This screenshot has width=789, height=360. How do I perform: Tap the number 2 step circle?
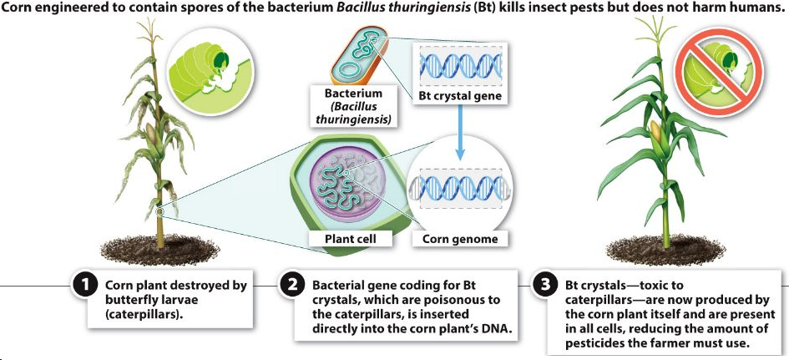point(291,286)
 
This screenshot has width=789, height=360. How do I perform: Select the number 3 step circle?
point(544,286)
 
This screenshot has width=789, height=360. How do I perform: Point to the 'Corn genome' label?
point(460,239)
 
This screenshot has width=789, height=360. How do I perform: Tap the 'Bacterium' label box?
point(354,106)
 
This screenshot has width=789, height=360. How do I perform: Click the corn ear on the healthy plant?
point(656,129)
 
